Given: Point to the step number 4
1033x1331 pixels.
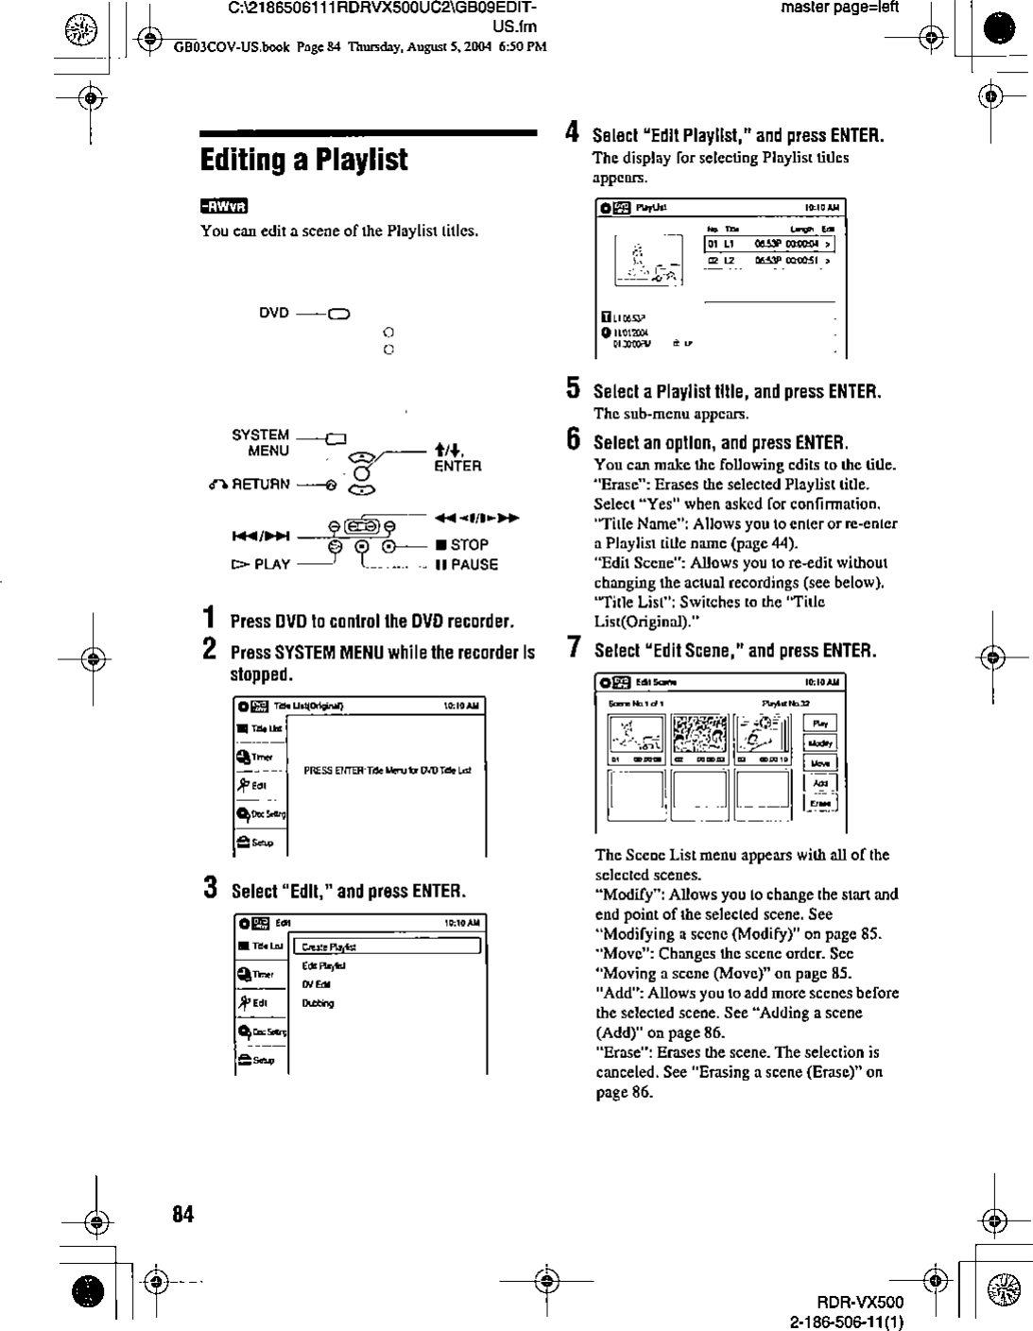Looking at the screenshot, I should pyautogui.click(x=572, y=133).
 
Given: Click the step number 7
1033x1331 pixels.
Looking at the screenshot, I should pyautogui.click(x=573, y=649).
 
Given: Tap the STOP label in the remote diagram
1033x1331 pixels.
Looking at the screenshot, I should pyautogui.click(x=469, y=544).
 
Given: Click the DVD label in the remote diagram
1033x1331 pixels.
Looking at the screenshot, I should pyautogui.click(x=274, y=314).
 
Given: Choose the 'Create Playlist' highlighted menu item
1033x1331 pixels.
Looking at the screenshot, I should pyautogui.click(x=388, y=947).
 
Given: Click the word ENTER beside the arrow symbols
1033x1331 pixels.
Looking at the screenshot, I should pyautogui.click(x=457, y=466).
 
